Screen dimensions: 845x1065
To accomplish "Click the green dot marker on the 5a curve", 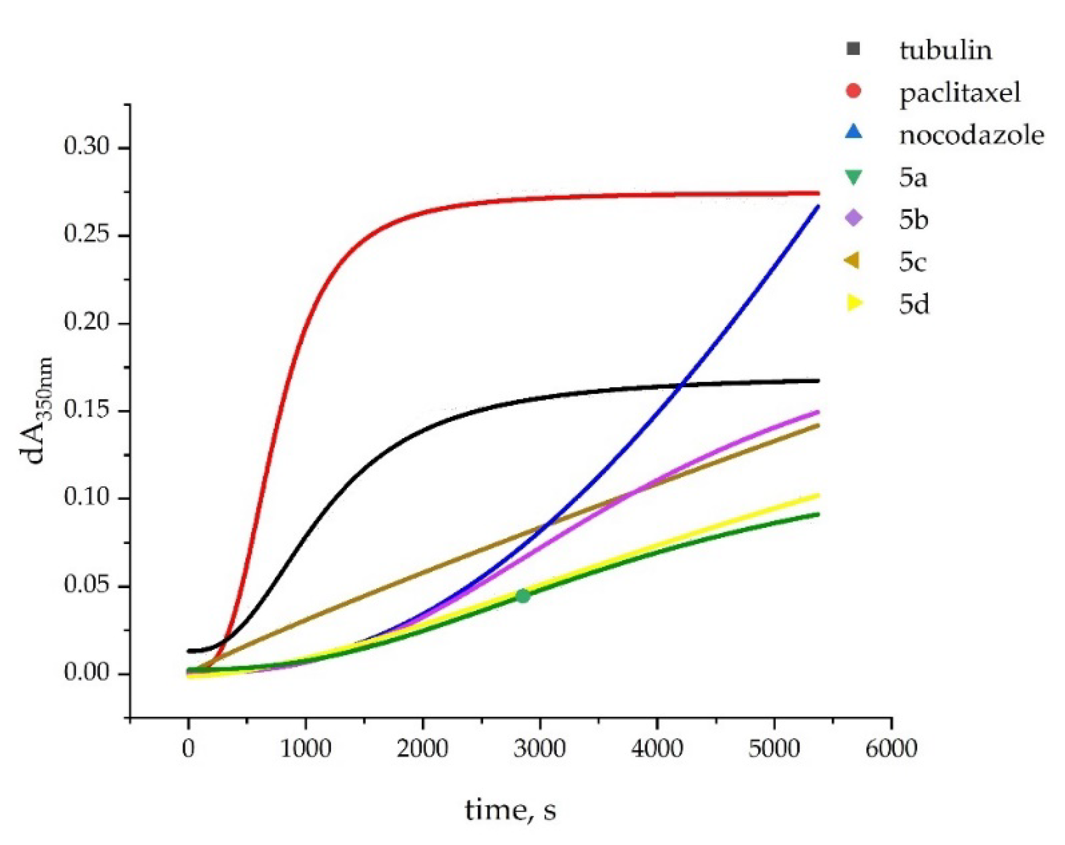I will click(x=523, y=596).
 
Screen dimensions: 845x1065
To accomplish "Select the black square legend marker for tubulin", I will click(x=853, y=50).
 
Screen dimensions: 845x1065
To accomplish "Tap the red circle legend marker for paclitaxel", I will click(x=853, y=92).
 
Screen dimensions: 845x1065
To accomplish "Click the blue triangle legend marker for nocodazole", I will click(x=853, y=133).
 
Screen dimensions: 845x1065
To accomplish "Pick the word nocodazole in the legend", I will click(x=971, y=135).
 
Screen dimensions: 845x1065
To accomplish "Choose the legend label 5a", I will click(x=912, y=178).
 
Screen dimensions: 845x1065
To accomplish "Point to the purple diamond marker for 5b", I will click(x=853, y=219).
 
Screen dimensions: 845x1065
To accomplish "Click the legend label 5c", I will click(x=912, y=262).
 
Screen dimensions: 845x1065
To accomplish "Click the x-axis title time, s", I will click(x=510, y=810).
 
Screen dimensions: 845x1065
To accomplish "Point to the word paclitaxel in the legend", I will click(x=959, y=93).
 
